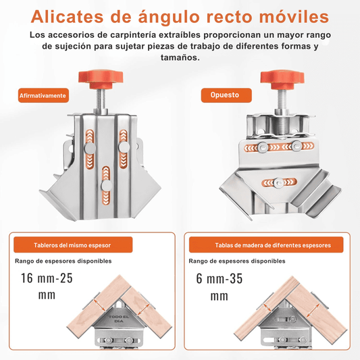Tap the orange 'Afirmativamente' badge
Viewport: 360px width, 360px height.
pos(43,95)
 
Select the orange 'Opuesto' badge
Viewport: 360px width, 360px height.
pos(226,95)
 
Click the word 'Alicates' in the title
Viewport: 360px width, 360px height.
pos(67,17)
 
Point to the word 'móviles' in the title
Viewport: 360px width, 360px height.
pos(294,17)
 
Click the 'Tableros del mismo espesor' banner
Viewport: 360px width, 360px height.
pos(73,245)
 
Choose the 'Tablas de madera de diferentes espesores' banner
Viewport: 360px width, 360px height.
pos(266,245)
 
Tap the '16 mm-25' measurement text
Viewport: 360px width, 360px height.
pos(47,278)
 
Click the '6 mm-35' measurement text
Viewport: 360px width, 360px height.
pos(220,278)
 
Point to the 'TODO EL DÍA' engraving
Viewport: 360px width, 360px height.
pos(119,319)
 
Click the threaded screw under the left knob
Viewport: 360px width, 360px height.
pos(101,100)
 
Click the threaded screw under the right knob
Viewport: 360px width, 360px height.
pos(282,101)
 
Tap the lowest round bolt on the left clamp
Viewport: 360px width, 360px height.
pos(106,185)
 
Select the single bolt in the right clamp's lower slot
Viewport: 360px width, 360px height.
pos(279,183)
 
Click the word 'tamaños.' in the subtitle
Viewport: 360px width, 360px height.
pos(180,57)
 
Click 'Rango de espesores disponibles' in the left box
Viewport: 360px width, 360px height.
pos(63,261)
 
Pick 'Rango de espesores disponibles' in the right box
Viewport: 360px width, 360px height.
pos(237,261)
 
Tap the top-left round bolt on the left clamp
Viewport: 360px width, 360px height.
pos(90,148)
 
